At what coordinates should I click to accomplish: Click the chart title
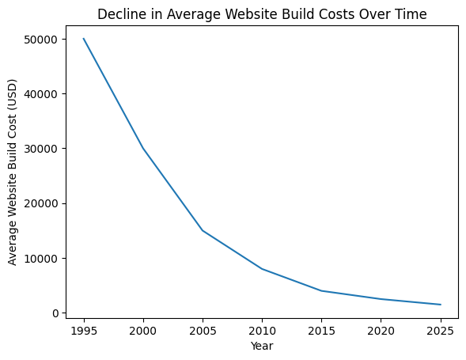(261, 13)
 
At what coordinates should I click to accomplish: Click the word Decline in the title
(119, 13)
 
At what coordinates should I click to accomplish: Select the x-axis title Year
(261, 346)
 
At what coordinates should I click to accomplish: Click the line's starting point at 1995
(83, 39)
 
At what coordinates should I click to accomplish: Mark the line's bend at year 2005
(202, 230)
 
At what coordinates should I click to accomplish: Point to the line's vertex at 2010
(261, 269)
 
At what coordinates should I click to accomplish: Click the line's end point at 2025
(439, 305)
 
